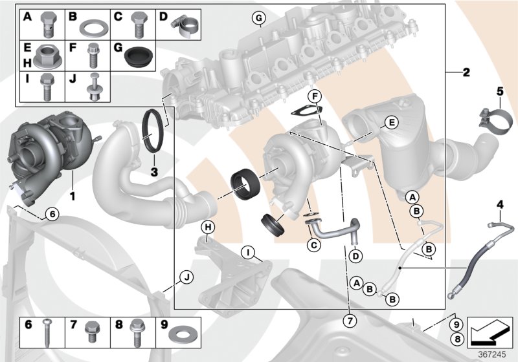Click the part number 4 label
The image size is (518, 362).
(499, 205)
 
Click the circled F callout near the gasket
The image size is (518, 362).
(314, 97)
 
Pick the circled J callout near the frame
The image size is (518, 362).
(186, 277)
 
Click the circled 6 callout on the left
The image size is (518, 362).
(52, 213)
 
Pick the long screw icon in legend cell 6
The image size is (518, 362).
(48, 333)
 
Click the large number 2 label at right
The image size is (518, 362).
(466, 72)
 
